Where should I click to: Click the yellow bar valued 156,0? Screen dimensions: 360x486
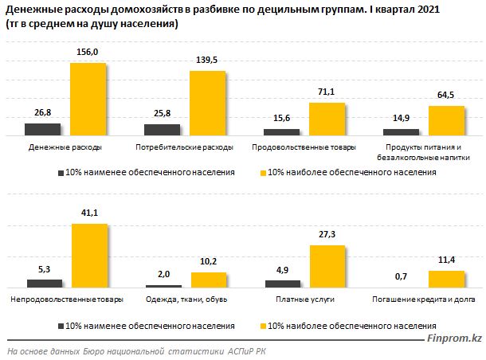pos(88,100)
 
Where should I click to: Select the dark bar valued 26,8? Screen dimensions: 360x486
pos(42,130)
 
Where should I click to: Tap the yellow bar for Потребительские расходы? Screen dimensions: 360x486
pos(206,104)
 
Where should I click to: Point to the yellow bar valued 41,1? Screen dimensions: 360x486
pos(89,255)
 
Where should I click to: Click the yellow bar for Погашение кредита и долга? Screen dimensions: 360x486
pos(446,279)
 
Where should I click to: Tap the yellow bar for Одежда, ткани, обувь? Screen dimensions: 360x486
pos(208,280)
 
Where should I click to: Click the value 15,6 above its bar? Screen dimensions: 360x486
pos(281,119)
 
